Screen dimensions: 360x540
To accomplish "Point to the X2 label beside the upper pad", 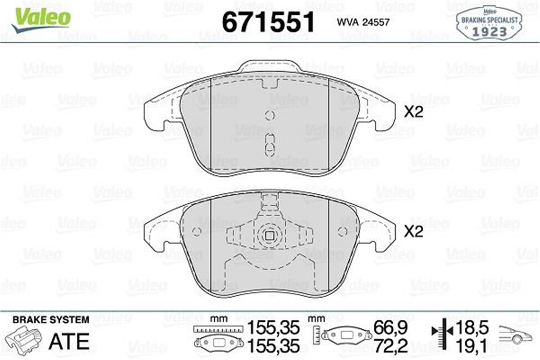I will coord(414,112).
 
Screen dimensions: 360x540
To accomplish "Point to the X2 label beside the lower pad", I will coord(414,232).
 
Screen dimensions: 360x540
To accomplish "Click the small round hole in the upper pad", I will coord(270,115).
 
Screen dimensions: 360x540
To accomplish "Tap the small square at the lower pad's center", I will coord(270,235).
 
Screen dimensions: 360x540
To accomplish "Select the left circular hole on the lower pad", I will coord(197,232).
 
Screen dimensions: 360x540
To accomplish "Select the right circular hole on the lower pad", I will coord(342,232).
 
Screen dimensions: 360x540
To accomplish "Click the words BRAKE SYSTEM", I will coord(50,320).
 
